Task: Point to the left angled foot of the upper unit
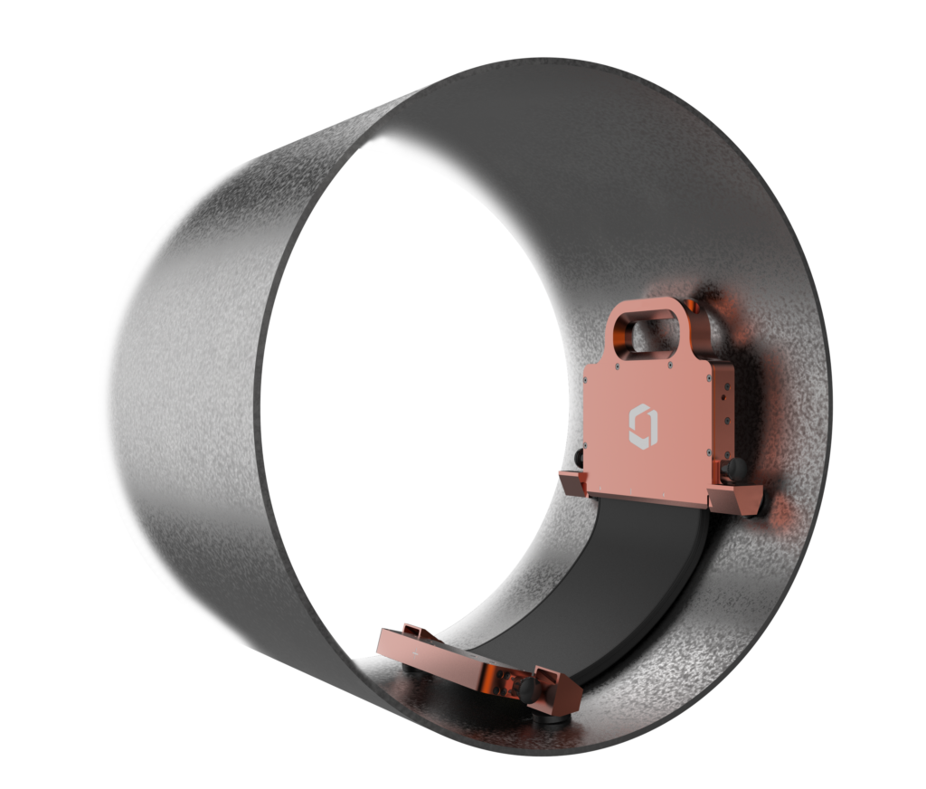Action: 572,482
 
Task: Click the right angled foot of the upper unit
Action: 741,498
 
